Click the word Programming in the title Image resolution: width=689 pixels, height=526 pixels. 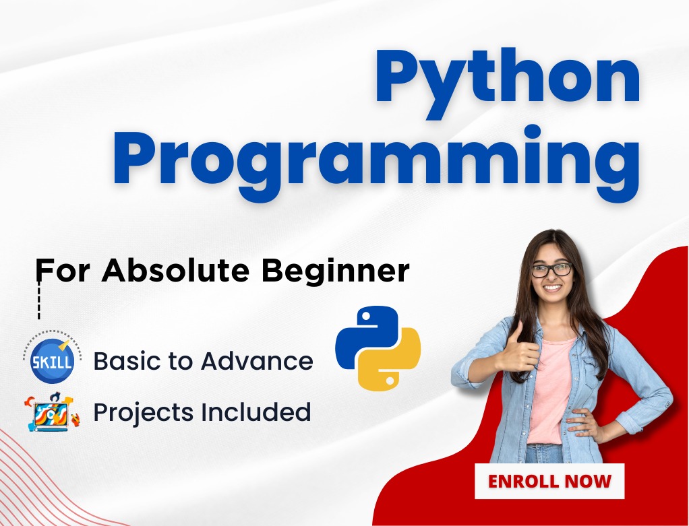pyautogui.click(x=376, y=163)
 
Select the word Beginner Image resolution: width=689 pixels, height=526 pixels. pyautogui.click(x=335, y=271)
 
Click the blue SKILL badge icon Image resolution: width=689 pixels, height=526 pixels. pyautogui.click(x=53, y=360)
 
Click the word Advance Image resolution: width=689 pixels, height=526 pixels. pyautogui.click(x=257, y=361)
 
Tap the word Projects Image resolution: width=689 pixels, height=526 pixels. pyautogui.click(x=144, y=412)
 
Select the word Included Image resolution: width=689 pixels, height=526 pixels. pyautogui.click(x=256, y=412)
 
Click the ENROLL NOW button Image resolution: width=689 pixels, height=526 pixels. pyautogui.click(x=549, y=482)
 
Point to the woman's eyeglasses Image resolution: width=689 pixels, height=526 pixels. pyautogui.click(x=552, y=269)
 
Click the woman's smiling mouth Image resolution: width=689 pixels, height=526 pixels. pyautogui.click(x=553, y=288)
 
